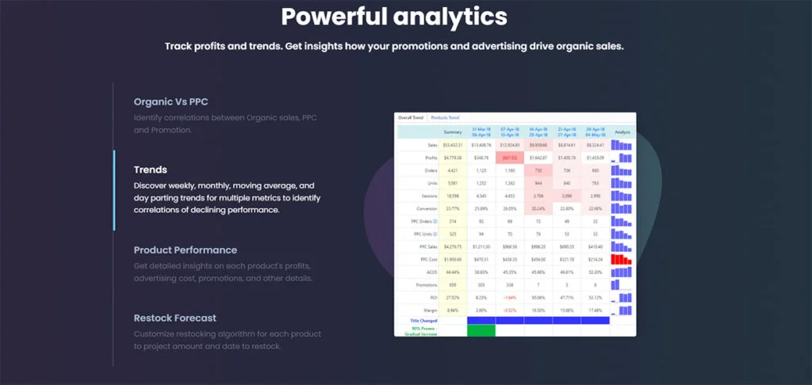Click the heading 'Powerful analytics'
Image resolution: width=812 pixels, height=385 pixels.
click(x=394, y=17)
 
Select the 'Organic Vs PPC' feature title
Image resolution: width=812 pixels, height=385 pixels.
click(x=170, y=101)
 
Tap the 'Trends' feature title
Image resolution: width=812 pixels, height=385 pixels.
click(x=151, y=170)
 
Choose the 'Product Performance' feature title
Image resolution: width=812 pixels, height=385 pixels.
click(x=186, y=250)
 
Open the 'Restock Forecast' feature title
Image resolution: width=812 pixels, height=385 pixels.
click(x=175, y=318)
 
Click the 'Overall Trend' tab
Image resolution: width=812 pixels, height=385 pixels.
click(x=411, y=117)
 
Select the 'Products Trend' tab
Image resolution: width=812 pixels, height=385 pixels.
click(x=445, y=117)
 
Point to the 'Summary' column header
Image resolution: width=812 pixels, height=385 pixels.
click(x=453, y=132)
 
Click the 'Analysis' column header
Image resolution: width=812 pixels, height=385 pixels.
click(x=622, y=132)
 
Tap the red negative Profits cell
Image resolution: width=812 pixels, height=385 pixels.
click(x=510, y=158)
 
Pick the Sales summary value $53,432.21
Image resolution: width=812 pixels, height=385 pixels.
click(x=453, y=145)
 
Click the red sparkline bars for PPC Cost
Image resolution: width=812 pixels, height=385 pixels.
click(x=622, y=258)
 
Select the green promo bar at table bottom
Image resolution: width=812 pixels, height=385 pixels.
click(x=481, y=330)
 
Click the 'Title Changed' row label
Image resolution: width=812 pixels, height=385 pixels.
click(x=423, y=319)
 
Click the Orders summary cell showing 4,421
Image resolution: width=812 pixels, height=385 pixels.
click(x=453, y=170)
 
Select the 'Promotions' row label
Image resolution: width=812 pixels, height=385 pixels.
click(x=427, y=284)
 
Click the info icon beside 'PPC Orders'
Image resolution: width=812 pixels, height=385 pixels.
click(x=437, y=221)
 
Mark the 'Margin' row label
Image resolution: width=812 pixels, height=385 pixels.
click(x=431, y=309)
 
